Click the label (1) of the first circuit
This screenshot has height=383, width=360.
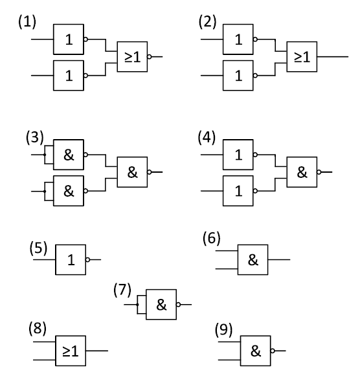tap(27, 22)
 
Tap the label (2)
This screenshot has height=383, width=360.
tap(207, 22)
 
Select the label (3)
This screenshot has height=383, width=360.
tap(35, 137)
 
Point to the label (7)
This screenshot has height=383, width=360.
tap(122, 290)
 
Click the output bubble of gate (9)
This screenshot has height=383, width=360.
tap(273, 351)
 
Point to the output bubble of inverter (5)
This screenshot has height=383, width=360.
tap(88, 259)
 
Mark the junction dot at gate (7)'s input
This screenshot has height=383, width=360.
tap(137, 305)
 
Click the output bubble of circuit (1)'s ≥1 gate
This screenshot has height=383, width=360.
tap(150, 57)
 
